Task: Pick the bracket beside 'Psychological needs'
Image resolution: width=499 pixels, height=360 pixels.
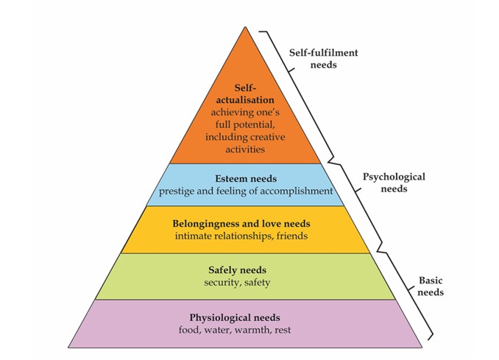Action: tap(359, 199)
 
